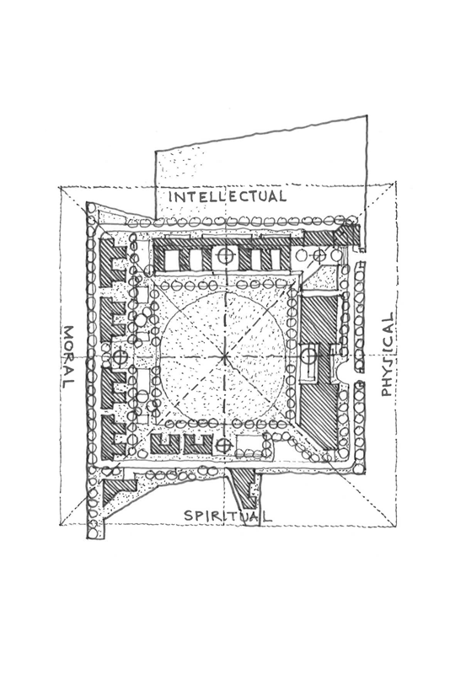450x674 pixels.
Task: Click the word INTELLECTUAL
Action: pos(228,196)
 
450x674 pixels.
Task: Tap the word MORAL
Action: pos(69,356)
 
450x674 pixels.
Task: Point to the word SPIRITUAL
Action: pos(228,515)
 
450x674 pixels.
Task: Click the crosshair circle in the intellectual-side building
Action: pos(224,256)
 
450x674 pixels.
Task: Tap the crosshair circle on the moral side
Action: pos(121,356)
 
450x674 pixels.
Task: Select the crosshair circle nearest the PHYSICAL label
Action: pos(308,356)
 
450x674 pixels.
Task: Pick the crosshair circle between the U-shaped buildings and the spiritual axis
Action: pos(223,446)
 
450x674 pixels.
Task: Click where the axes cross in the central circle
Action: pos(224,356)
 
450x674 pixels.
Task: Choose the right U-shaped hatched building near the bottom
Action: pos(197,444)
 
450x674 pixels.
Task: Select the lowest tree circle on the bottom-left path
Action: pos(93,533)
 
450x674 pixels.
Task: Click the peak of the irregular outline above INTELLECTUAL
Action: pos(367,115)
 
